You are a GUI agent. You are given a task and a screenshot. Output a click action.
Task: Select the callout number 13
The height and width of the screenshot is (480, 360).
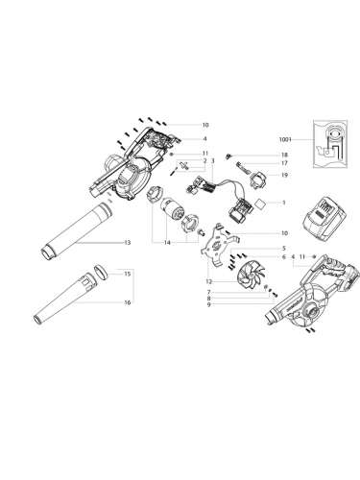(127, 243)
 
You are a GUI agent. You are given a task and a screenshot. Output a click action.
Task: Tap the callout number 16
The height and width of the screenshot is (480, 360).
(127, 302)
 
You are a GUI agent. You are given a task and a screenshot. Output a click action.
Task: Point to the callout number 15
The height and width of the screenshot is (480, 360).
(127, 274)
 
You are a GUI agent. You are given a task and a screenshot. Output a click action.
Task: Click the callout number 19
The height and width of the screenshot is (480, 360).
(283, 249)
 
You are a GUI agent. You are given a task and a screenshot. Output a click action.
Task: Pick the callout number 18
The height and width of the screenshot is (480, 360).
(283, 155)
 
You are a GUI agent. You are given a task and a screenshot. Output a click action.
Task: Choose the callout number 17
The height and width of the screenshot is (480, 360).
(283, 164)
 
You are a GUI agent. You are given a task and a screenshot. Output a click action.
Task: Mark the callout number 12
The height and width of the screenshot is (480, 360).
(209, 280)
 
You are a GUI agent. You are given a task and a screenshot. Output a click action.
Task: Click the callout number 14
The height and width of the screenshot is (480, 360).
(168, 243)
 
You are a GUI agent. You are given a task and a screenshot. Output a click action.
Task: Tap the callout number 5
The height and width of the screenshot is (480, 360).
(283, 249)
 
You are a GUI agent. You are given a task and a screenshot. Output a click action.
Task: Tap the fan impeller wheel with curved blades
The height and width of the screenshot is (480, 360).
(244, 277)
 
